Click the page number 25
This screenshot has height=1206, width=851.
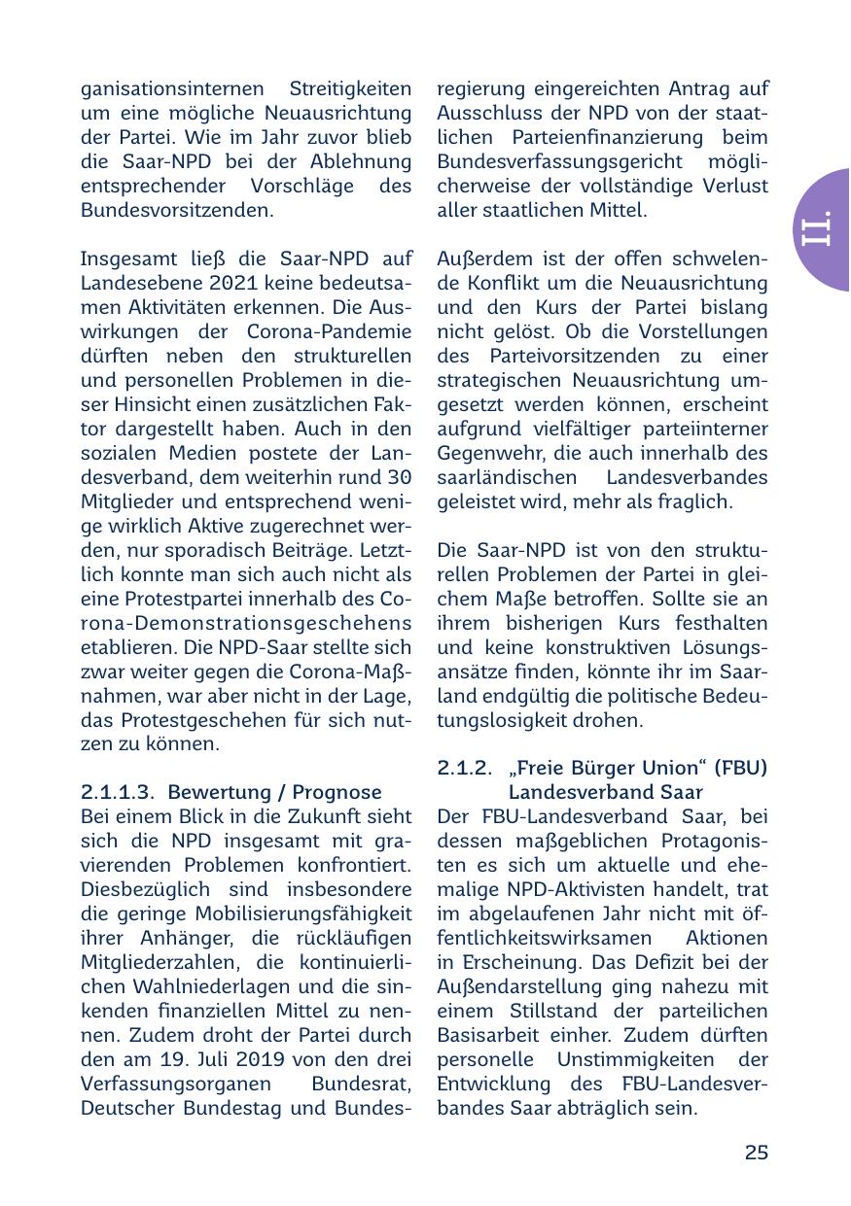tap(756, 1153)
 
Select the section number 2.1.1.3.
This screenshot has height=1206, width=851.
tap(119, 791)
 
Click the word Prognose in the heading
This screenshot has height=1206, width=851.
tap(332, 791)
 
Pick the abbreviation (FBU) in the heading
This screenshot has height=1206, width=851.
tap(740, 768)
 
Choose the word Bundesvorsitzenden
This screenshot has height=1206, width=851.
tap(176, 209)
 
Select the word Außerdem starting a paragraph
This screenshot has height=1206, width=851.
tap(482, 259)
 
